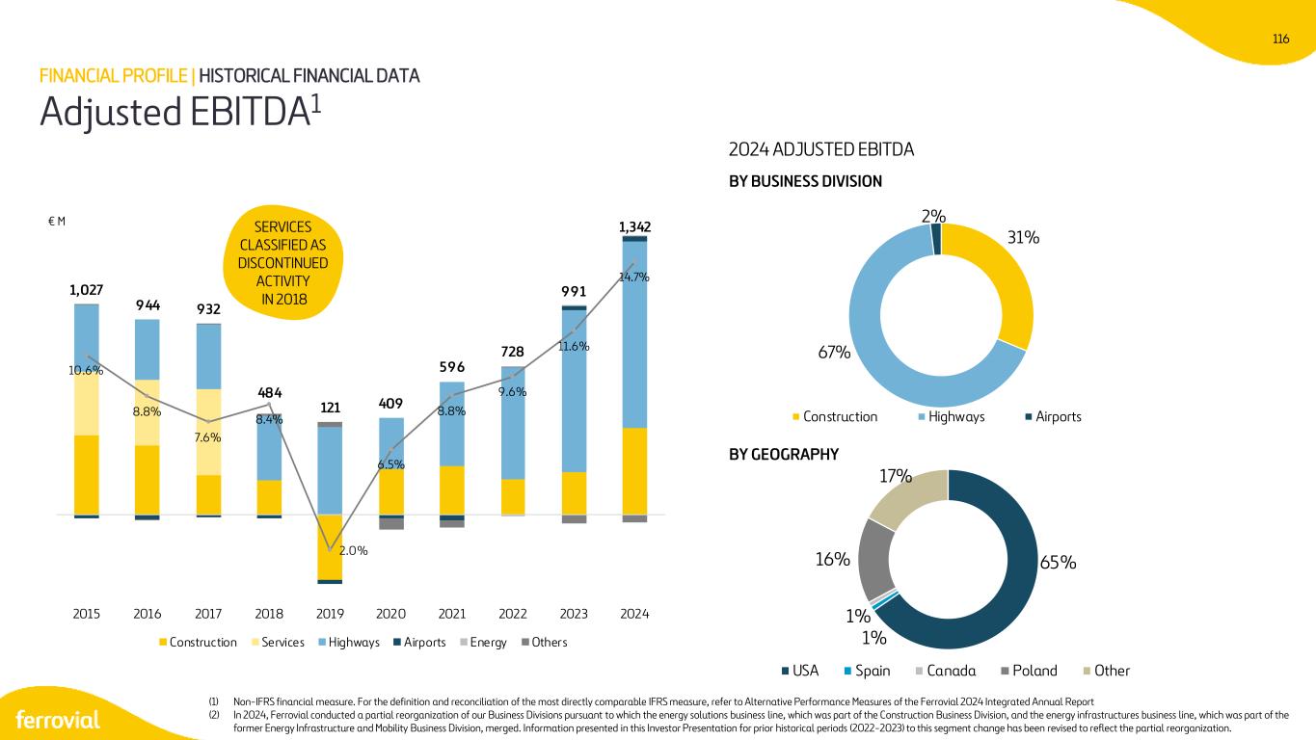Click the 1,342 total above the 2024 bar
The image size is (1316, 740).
(634, 226)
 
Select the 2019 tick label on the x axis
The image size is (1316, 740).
(330, 614)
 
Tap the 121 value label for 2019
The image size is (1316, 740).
(330, 407)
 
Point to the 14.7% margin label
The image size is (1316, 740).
(634, 277)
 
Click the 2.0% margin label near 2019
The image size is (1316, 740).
(353, 550)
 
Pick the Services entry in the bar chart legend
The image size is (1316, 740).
(278, 642)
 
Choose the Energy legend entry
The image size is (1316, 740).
(483, 642)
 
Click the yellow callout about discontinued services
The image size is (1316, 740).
(282, 262)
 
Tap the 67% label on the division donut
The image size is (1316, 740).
(834, 353)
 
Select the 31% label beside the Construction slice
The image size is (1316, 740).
(1024, 237)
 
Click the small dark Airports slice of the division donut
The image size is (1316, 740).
(936, 239)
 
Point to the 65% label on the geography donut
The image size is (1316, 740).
(1058, 563)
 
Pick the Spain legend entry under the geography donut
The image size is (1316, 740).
(867, 671)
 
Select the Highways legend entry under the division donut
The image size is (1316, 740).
(952, 416)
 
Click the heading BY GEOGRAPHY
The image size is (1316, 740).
(784, 454)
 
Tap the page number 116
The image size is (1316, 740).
(1280, 39)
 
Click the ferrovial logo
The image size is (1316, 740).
(58, 720)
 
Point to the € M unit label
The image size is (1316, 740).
(56, 222)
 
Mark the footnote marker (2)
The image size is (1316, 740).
(214, 715)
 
